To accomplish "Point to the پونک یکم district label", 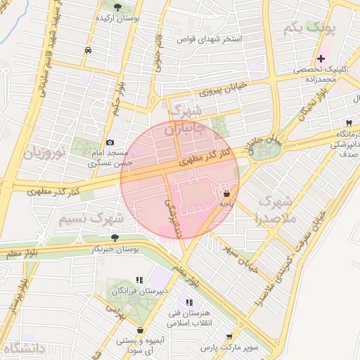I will (310, 29).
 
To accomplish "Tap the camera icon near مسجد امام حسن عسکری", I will (110, 143).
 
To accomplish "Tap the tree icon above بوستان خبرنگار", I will (115, 237).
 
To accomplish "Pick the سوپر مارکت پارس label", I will (229, 347).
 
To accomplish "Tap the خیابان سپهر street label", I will (239, 258).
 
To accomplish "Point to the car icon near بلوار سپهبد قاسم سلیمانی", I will (87, 51).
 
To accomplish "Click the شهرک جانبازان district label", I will (186, 120).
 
